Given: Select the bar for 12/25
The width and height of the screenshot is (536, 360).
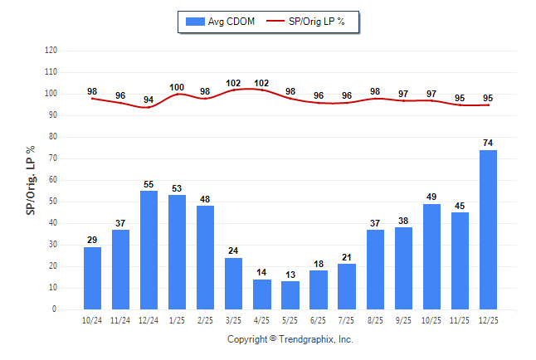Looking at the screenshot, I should click(x=488, y=230).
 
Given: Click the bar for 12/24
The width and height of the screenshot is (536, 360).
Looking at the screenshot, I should click(x=149, y=250).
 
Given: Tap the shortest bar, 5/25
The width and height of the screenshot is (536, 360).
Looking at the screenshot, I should click(x=290, y=295).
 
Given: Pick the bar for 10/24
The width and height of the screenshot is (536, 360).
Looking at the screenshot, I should click(x=93, y=278).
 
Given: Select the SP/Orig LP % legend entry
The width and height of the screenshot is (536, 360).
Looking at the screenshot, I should click(x=312, y=21).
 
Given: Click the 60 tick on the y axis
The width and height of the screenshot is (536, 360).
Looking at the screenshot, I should click(x=52, y=180).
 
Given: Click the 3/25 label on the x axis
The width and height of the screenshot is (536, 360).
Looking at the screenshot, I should click(x=234, y=319).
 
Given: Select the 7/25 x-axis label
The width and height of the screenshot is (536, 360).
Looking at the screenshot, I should click(x=347, y=319).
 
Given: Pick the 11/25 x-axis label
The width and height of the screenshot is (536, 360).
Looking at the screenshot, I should click(x=460, y=319).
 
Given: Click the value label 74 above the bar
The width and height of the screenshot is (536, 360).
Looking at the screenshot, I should click(x=488, y=143).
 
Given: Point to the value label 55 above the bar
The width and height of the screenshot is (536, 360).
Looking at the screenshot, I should click(x=149, y=183).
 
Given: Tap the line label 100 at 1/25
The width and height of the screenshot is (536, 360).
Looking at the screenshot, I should click(x=178, y=87).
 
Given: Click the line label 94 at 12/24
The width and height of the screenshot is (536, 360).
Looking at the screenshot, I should click(x=149, y=100).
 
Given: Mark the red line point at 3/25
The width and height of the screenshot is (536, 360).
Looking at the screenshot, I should click(x=234, y=90).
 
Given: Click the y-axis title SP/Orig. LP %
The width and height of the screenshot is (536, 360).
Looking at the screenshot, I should click(x=31, y=180).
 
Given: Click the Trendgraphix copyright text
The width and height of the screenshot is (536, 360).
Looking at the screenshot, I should click(x=290, y=339).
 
